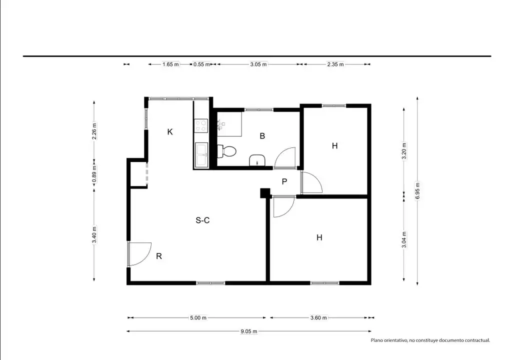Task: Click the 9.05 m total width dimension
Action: [x=249, y=331]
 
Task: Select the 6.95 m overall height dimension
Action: [x=417, y=191]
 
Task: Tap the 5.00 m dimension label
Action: [x=198, y=317]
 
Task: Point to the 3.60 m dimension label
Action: [x=319, y=317]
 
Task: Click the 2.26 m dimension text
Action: [x=94, y=131]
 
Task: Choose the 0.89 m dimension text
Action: [x=94, y=174]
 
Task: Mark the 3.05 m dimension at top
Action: [x=258, y=64]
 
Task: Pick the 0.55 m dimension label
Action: [x=201, y=64]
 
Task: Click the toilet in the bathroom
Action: [x=226, y=151]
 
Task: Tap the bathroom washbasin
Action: [x=257, y=160]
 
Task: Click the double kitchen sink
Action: [x=201, y=155]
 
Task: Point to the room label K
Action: [x=170, y=131]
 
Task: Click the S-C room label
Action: [x=202, y=220]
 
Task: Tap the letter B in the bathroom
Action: [x=262, y=136]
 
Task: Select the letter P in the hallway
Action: [x=284, y=181]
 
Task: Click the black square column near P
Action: [x=265, y=193]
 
